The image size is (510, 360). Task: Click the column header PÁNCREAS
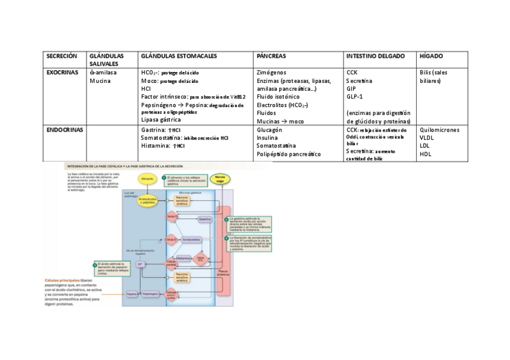coord(271,56)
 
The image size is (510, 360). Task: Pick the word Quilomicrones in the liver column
coord(439,129)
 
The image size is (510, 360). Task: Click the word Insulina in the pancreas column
coord(267,138)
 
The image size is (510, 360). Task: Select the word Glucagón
coord(269,129)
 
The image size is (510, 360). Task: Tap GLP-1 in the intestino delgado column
coord(354,96)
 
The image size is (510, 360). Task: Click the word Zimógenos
coord(272,72)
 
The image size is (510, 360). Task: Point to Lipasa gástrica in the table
coord(161,120)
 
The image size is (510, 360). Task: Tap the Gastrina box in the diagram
coord(204,221)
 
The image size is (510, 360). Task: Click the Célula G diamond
coord(173,216)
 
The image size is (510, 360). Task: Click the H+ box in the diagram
coord(140,263)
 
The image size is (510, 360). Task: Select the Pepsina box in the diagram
coord(132,293)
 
